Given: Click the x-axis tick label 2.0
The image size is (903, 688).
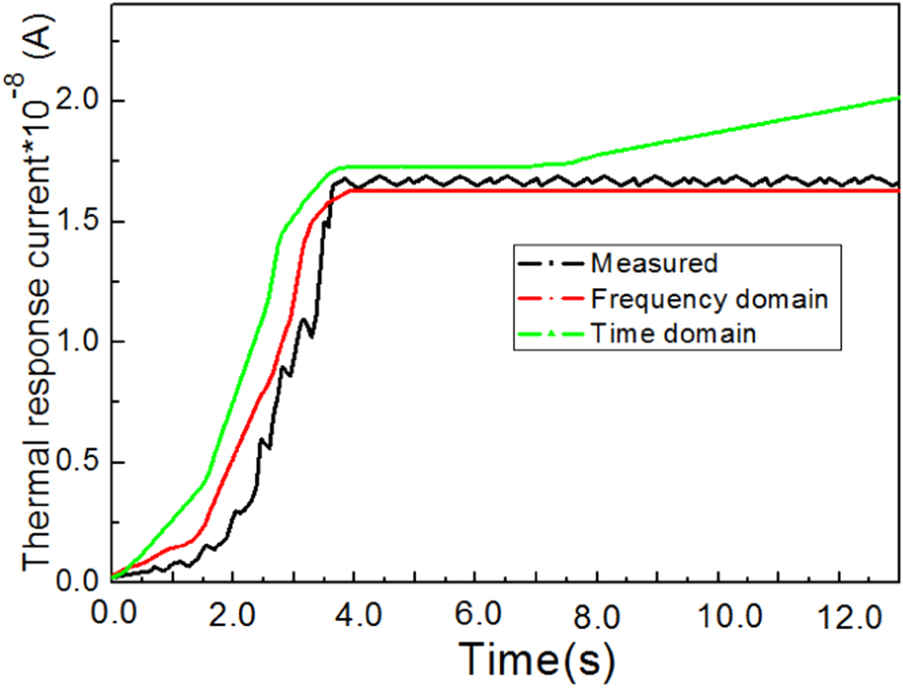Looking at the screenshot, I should click(231, 614).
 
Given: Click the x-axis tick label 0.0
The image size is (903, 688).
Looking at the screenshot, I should click(111, 614).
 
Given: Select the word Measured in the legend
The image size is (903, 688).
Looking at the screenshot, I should click(653, 263).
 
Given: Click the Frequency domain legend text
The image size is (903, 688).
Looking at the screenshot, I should click(709, 299).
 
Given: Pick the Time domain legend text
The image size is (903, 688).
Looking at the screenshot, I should click(674, 334).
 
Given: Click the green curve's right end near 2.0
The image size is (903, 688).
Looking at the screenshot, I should click(895, 99).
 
